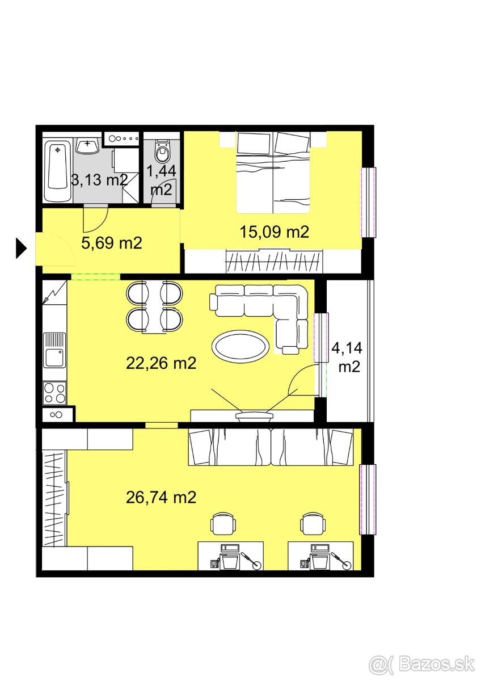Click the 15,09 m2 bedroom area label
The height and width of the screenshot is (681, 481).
click(x=274, y=232)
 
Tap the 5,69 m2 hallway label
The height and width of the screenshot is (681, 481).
click(x=112, y=243)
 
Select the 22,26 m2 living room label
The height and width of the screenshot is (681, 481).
click(x=161, y=363)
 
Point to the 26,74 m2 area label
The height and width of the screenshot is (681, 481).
click(x=161, y=498)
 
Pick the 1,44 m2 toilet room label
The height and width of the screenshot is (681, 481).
click(x=161, y=180)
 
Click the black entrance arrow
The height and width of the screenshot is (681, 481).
click(x=21, y=249)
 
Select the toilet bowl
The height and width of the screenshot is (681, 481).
click(x=163, y=151)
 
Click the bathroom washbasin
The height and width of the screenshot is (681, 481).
click(x=88, y=145)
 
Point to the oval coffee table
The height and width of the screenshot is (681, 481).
click(x=240, y=346)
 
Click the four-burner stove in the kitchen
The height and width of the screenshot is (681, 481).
click(x=54, y=393)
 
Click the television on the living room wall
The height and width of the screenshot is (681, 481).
click(x=255, y=417)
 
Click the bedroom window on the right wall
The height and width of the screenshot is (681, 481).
click(x=368, y=203)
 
